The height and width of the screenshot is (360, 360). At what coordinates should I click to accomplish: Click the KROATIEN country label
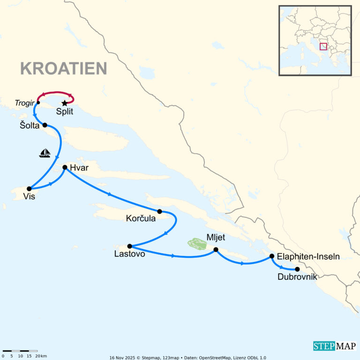click(63, 68)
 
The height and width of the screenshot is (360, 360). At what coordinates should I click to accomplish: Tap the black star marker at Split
click(64, 103)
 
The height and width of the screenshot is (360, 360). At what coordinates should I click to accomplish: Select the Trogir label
click(25, 102)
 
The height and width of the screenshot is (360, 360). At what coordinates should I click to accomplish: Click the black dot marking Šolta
click(45, 125)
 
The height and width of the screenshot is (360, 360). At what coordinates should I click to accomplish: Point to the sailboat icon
click(45, 153)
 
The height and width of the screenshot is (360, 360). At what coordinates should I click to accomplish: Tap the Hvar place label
click(79, 168)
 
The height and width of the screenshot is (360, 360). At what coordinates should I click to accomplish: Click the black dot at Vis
click(29, 188)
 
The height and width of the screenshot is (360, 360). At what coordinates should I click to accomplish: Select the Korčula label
click(141, 218)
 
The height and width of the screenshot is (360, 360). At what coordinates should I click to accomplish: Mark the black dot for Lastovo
click(129, 246)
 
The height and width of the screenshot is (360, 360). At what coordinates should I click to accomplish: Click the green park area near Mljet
click(197, 244)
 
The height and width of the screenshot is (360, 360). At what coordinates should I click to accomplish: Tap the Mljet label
click(216, 238)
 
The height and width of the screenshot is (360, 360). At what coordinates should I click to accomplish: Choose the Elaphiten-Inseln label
click(308, 256)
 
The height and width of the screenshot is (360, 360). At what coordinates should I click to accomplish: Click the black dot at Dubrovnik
click(297, 269)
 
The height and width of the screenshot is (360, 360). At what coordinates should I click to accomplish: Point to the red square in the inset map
click(323, 46)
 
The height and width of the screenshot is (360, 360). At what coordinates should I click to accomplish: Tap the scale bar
click(20, 351)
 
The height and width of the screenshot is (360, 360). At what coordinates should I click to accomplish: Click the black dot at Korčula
click(159, 211)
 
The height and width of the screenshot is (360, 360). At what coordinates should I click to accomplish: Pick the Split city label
click(64, 112)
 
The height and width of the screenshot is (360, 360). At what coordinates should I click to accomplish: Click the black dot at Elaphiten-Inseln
click(272, 256)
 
